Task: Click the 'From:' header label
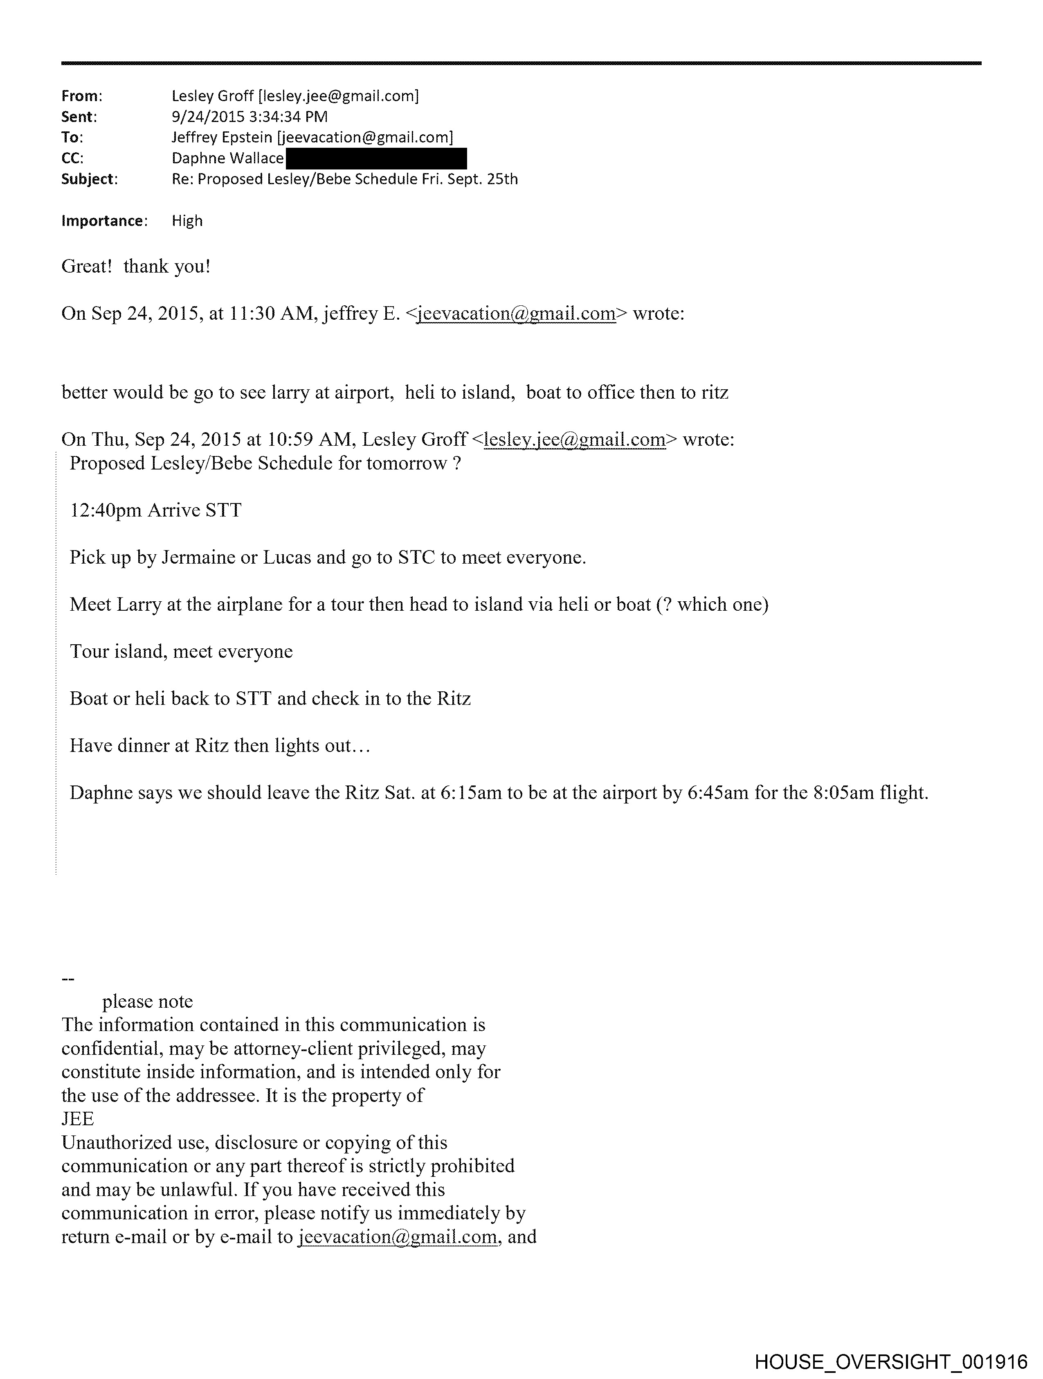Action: point(82,96)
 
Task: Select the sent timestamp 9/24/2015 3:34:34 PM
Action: point(249,117)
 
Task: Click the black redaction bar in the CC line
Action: point(376,158)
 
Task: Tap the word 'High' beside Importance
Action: point(187,221)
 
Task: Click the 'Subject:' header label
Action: point(89,180)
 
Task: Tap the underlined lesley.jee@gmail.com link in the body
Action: point(574,440)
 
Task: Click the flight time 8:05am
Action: point(842,793)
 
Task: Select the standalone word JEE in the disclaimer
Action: point(78,1119)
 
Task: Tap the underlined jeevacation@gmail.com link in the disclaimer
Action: point(398,1237)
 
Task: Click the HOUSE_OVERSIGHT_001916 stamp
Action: point(890,1361)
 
